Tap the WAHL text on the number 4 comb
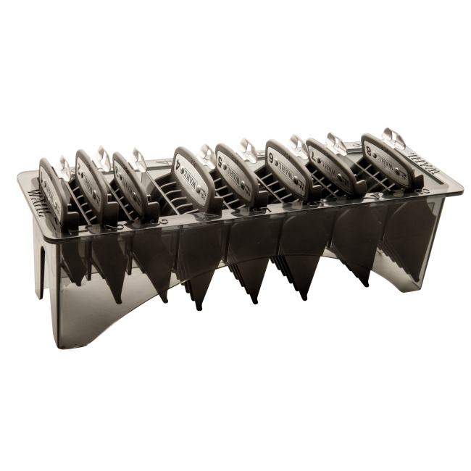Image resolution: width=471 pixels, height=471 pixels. tap(190, 172)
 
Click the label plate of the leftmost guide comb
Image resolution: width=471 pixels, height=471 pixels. tap(49, 178)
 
